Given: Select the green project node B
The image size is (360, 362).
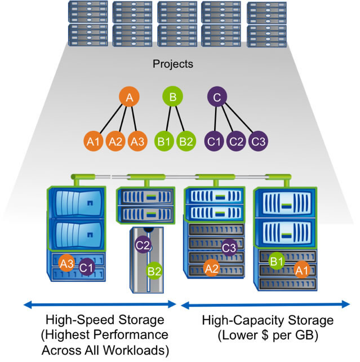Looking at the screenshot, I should (x=173, y=97).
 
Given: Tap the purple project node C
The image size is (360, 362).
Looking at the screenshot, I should (x=217, y=97).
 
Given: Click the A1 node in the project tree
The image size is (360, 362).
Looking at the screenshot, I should (x=94, y=141).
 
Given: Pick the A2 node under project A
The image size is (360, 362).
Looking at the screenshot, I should (x=115, y=141).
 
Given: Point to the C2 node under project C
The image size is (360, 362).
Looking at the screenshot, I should (x=237, y=141).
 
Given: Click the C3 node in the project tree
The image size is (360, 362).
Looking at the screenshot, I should (x=258, y=141).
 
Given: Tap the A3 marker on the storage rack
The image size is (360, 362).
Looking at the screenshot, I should (x=68, y=262).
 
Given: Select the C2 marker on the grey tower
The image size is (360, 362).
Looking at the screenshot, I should (x=143, y=245).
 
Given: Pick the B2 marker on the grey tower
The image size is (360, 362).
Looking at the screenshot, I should (x=154, y=271).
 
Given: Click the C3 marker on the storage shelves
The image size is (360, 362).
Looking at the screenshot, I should (x=228, y=247).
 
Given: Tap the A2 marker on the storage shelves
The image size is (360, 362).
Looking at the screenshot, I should (x=212, y=268).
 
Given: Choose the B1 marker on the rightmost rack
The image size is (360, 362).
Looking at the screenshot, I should (x=276, y=261).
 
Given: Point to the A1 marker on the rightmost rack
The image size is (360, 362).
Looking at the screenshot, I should (x=301, y=271).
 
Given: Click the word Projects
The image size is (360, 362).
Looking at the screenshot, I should (x=173, y=64).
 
